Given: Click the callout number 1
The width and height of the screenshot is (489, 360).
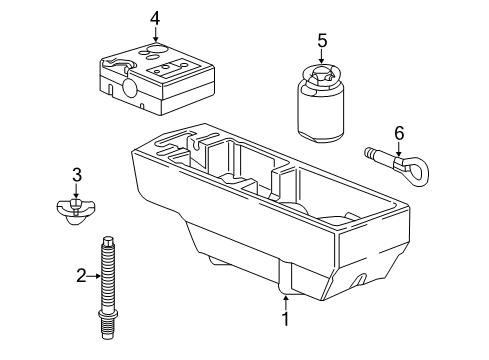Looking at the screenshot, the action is point(285,319).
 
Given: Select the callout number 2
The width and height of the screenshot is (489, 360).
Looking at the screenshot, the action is point(81,276).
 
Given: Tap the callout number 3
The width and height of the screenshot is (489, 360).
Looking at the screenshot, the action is point(77,175).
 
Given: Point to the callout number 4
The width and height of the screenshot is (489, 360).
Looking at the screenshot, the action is point(155,19).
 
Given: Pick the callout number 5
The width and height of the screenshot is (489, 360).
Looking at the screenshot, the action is point(322,41).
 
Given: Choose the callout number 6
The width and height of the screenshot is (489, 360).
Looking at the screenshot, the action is point(399,133).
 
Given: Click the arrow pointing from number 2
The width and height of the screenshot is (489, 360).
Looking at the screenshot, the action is point(94,276).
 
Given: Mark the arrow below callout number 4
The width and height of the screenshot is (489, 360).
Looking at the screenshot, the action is point(155,34).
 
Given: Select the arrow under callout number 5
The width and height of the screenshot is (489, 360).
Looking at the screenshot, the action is point(321,56).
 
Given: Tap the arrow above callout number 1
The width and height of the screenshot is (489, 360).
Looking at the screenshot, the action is point(285,303).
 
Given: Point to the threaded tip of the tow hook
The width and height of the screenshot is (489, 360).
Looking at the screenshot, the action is point(369,152).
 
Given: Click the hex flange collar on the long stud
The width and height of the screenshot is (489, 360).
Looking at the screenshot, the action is point(108,314).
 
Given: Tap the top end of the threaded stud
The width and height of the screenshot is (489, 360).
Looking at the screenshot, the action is point(108,238).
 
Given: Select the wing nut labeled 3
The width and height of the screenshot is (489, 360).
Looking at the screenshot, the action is point(76,211).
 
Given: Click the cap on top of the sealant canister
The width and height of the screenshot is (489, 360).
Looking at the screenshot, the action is point(320,76).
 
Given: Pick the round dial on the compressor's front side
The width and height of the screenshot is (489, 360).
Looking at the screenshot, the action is point(129,88).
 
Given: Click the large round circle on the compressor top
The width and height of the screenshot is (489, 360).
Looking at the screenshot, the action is point(156,50).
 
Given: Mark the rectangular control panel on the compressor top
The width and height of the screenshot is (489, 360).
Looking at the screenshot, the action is point(168,68).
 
